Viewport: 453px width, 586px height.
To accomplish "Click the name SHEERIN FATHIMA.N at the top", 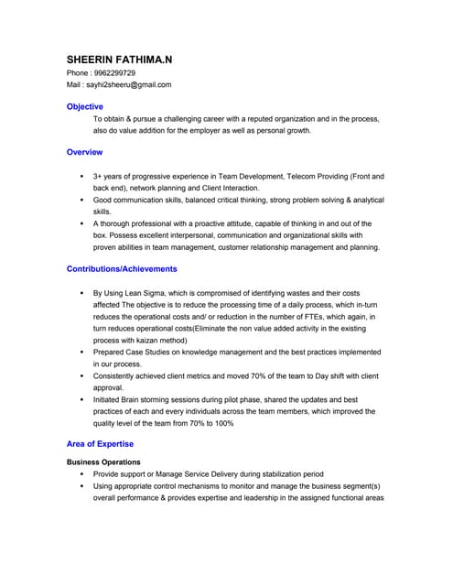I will (x=119, y=60).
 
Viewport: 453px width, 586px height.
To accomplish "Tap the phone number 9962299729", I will (x=113, y=73).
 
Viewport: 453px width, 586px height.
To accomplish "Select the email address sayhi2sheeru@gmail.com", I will (x=128, y=85).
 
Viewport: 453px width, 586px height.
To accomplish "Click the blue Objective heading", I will (x=85, y=107).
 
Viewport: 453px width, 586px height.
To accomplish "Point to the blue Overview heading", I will (x=85, y=152).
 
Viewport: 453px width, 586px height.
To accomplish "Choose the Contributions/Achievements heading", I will (x=122, y=269).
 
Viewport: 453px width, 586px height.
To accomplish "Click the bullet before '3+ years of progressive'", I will (x=81, y=176).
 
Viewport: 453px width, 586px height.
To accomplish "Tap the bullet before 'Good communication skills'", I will (x=81, y=200).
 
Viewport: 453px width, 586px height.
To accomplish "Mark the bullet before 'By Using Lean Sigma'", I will (x=81, y=293).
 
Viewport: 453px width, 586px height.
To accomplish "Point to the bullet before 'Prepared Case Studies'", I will (x=81, y=352).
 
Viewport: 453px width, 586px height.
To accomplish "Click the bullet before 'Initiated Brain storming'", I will (x=81, y=400).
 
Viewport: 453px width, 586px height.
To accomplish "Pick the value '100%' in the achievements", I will (x=224, y=423).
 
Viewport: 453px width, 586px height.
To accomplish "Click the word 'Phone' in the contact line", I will (x=79, y=73).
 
